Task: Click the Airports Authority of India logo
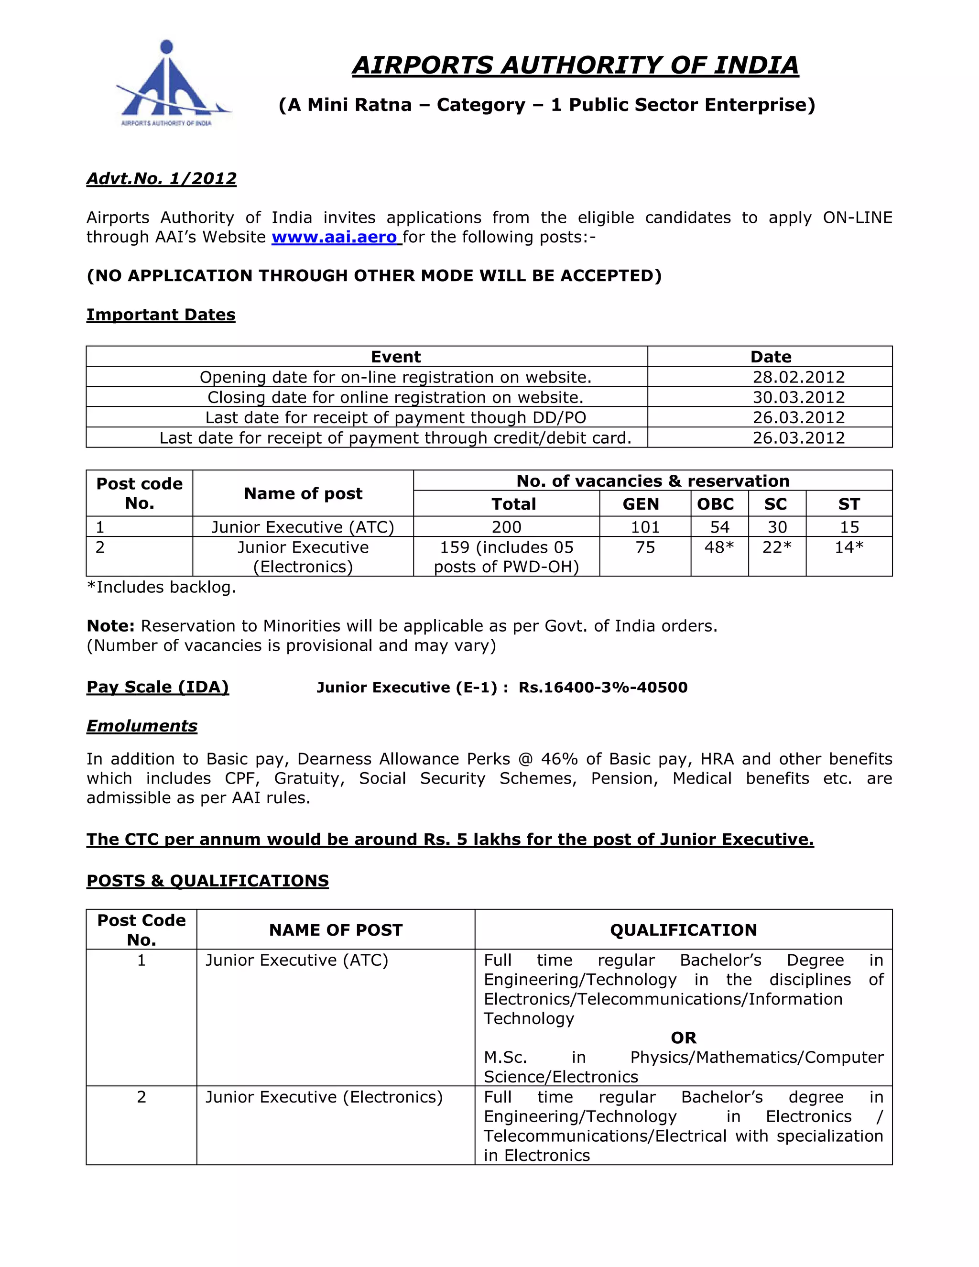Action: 168,84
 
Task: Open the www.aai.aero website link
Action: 335,237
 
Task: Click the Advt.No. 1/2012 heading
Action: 161,178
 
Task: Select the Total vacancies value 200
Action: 506,527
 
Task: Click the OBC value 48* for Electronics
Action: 718,547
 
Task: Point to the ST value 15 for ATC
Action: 849,527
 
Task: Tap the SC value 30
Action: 777,527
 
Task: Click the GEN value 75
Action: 645,547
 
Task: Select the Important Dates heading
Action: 161,315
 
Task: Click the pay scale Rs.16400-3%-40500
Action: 603,688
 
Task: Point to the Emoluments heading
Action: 141,726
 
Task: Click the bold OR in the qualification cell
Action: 683,1038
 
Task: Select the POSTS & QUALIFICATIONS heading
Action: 207,881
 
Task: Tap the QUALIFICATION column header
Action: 683,930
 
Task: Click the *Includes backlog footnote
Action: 161,587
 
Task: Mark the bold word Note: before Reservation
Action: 110,626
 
